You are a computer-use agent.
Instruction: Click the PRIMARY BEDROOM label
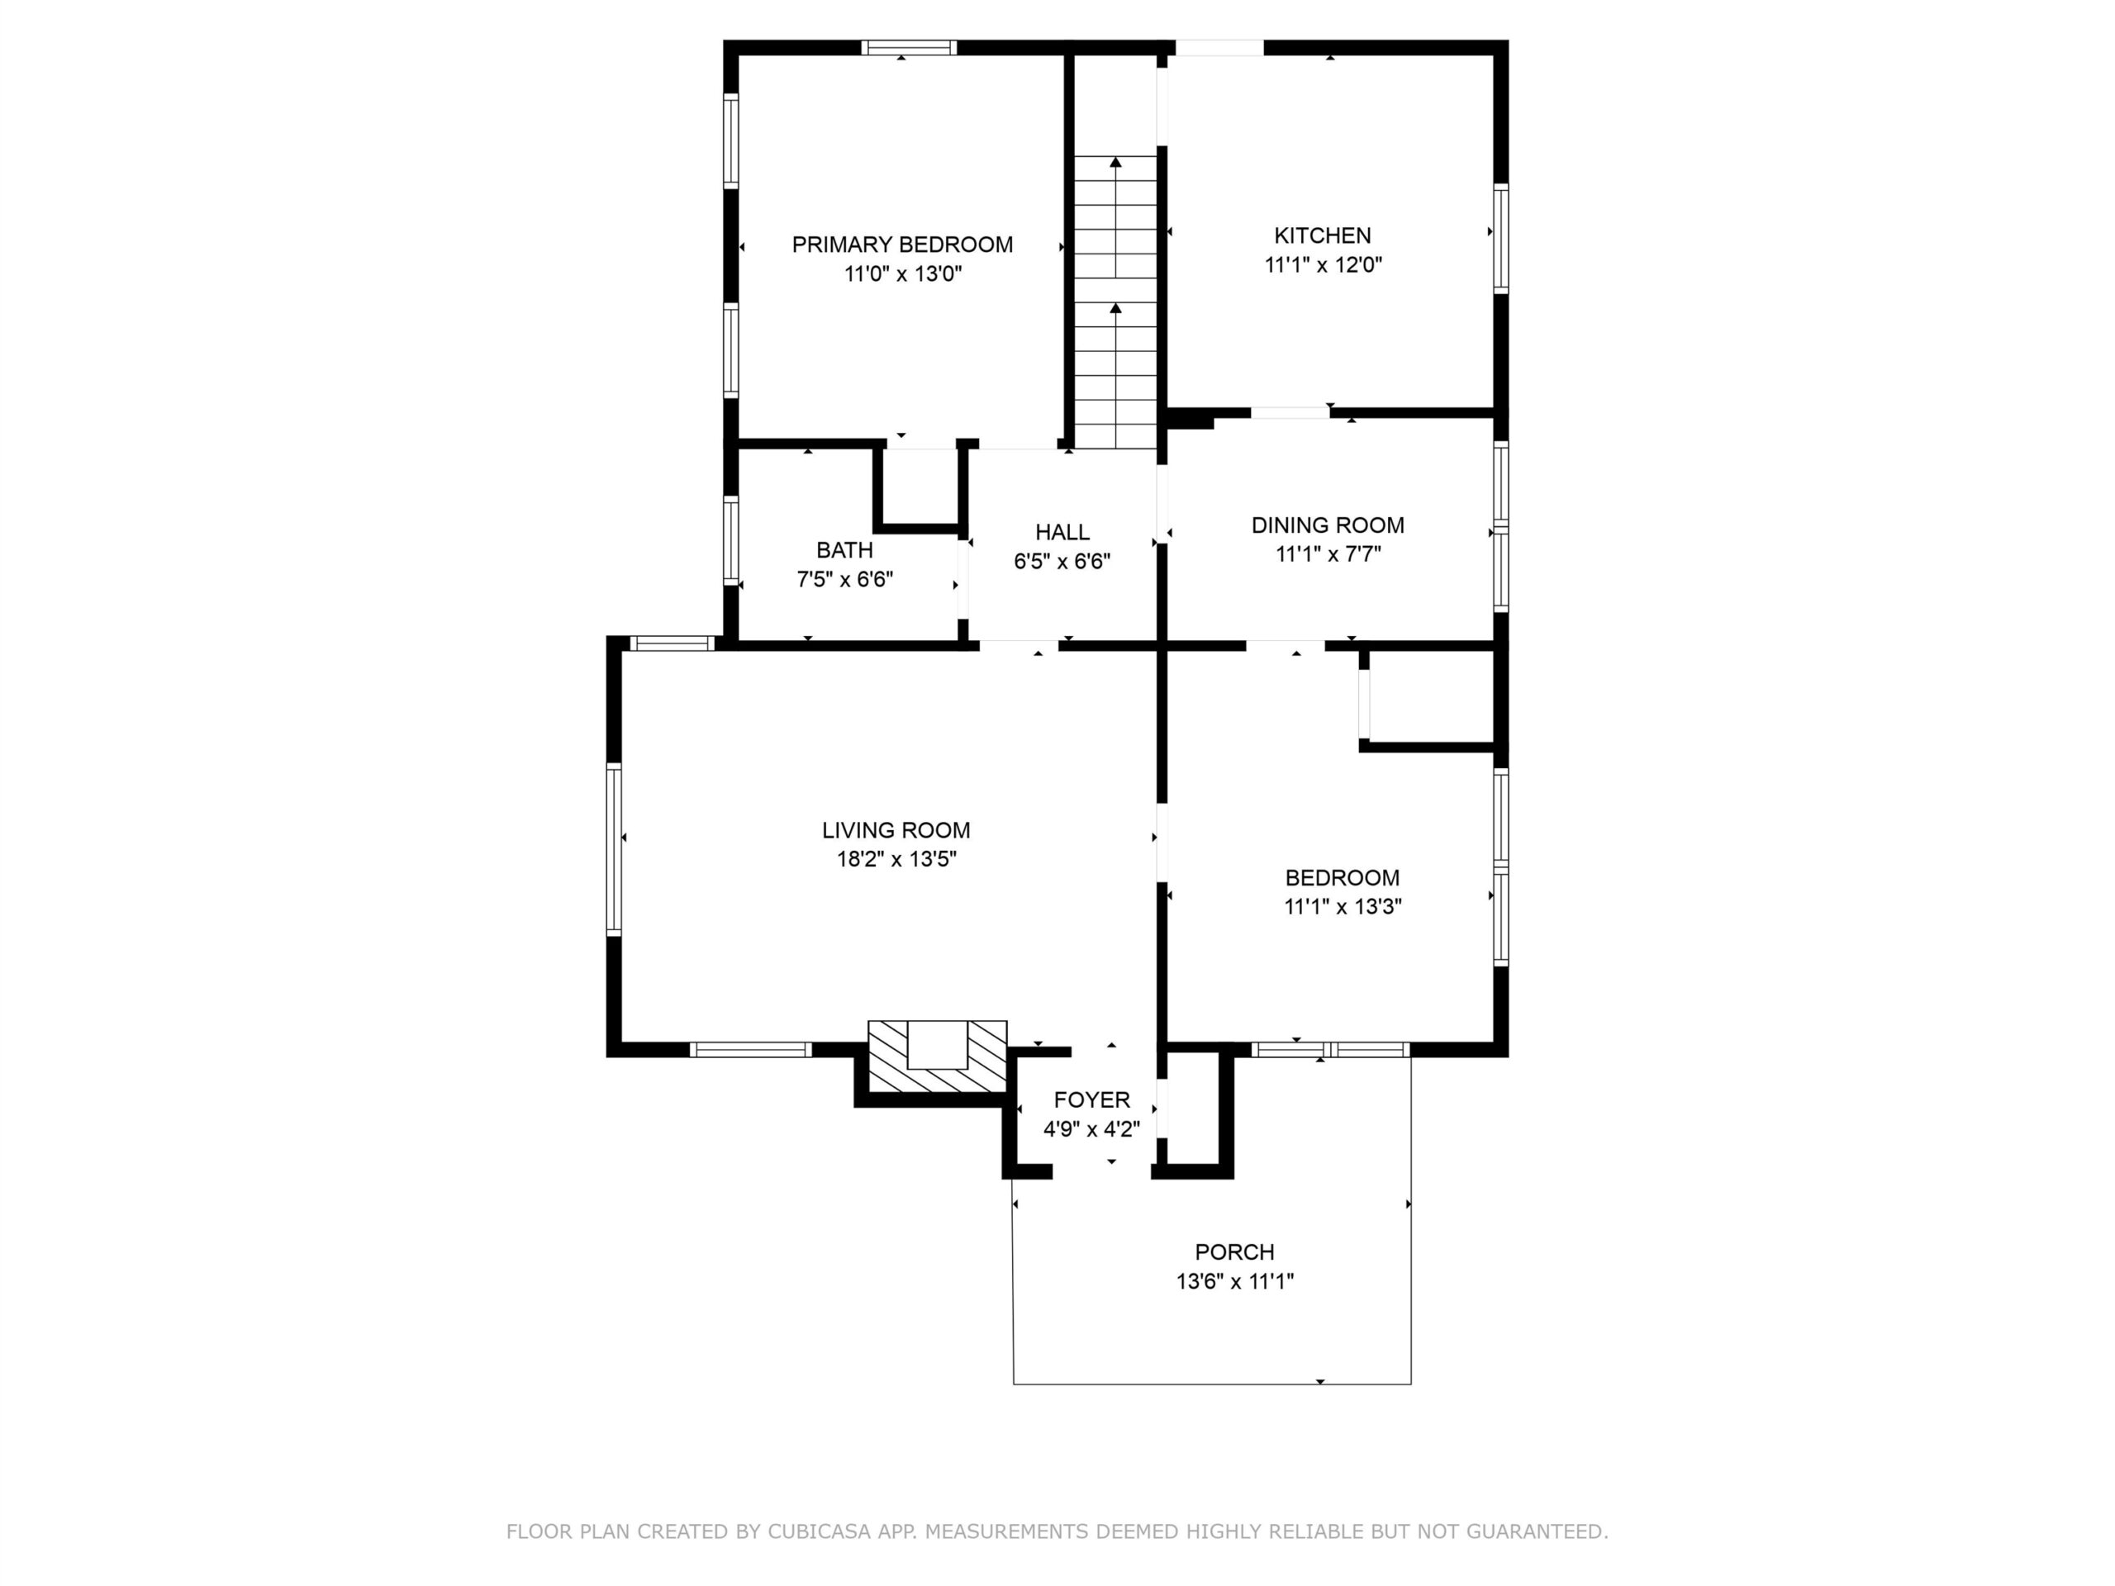[901, 245]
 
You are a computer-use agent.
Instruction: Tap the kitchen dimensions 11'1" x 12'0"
[1324, 265]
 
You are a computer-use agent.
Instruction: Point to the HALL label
[1062, 533]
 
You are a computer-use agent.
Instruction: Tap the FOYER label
[1091, 1099]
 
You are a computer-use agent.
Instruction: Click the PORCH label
[1234, 1251]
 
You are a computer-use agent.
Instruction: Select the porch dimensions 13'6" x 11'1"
[1234, 1281]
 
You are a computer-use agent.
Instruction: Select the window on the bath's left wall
[730, 540]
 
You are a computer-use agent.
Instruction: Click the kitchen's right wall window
[1501, 238]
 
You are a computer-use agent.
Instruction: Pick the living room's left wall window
[614, 849]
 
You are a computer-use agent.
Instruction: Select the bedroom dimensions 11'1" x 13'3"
[1343, 906]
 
